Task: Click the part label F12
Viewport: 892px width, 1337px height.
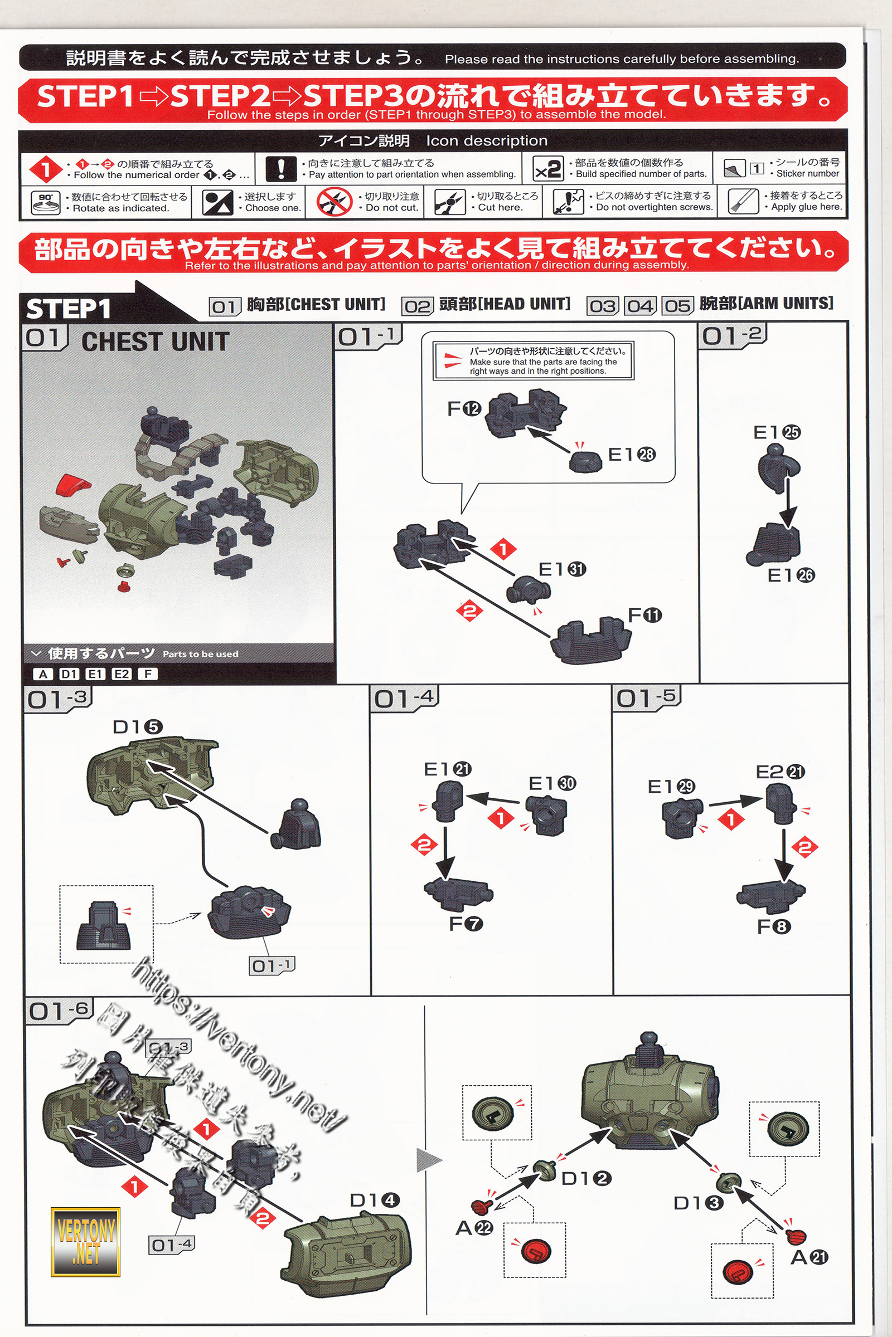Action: point(464,409)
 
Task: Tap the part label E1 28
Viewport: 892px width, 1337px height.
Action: point(632,454)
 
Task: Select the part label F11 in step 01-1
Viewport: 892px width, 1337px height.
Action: point(644,615)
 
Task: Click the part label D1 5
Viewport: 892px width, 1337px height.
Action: point(138,727)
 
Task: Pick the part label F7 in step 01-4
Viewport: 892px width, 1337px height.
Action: point(466,924)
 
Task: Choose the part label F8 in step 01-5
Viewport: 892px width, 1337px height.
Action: point(774,927)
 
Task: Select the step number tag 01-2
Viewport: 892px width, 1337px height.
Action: point(733,335)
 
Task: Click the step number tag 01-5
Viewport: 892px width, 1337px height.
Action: point(647,698)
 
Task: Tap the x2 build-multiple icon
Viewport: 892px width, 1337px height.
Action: point(548,169)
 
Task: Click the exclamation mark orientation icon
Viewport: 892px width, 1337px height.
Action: point(281,169)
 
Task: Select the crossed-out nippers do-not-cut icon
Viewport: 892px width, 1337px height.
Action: point(334,202)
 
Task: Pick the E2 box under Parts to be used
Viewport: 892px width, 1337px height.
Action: point(120,674)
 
